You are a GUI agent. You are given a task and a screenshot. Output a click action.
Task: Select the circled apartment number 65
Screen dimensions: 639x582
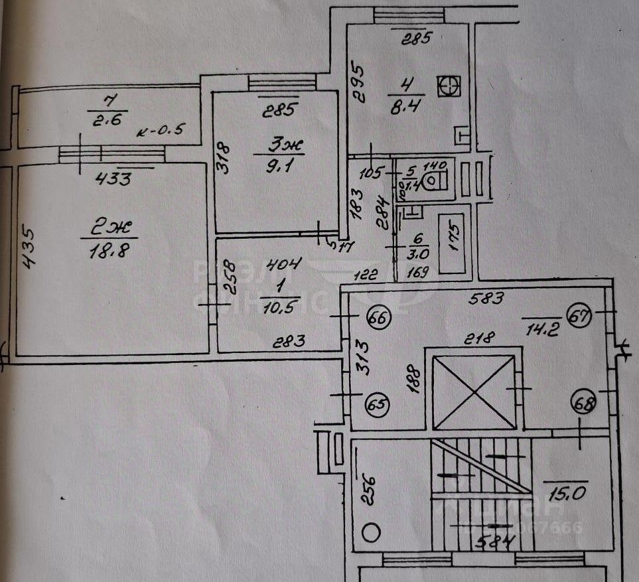coord(378,403)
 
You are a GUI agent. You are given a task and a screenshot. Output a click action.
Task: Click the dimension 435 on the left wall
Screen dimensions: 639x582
coord(28,248)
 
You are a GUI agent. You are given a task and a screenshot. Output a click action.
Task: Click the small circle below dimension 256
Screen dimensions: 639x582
coord(372,531)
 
